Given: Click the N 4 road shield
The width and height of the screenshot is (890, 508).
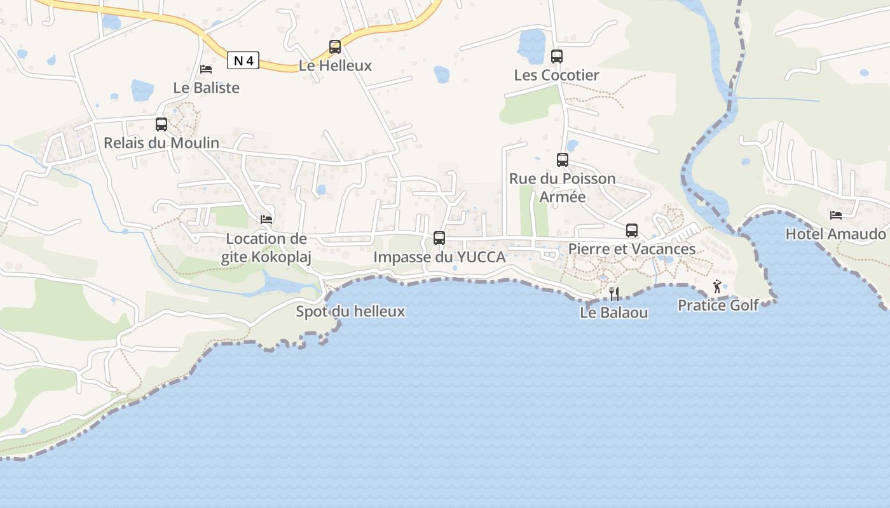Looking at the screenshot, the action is (243, 60).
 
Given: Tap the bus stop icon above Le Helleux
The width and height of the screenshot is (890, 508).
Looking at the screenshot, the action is (335, 46).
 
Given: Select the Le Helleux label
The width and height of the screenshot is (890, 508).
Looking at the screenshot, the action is (335, 65).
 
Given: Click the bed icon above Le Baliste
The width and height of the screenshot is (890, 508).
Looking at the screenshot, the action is (206, 69).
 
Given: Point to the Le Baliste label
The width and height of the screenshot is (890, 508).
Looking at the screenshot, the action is (207, 88).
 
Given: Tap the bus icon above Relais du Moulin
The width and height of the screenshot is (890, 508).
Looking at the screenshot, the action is (161, 124).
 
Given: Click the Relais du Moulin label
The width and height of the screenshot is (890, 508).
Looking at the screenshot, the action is (161, 143).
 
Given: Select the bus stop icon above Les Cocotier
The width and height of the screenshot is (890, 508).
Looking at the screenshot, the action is (557, 56).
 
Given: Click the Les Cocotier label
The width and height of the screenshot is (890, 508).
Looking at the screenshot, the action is (557, 75).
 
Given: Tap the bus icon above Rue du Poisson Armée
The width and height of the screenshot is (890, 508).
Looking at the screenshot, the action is (563, 159).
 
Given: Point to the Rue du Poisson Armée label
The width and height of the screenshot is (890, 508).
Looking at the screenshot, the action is (563, 187).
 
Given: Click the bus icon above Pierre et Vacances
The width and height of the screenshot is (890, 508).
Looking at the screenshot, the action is (632, 230).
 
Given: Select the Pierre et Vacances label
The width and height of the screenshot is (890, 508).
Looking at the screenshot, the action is (632, 249).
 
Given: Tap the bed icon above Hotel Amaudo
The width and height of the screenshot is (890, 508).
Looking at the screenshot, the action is (836, 215).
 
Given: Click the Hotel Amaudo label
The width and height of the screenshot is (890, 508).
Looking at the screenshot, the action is (836, 234).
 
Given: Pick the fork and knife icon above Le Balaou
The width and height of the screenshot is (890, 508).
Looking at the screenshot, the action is (614, 293).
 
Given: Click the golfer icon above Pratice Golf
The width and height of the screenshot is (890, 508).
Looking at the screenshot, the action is (718, 286).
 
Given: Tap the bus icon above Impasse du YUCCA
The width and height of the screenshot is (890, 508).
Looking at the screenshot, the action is (439, 238).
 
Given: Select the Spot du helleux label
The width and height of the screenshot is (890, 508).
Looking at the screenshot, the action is (350, 311).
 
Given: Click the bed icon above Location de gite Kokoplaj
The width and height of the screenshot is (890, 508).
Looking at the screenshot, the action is (266, 220).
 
